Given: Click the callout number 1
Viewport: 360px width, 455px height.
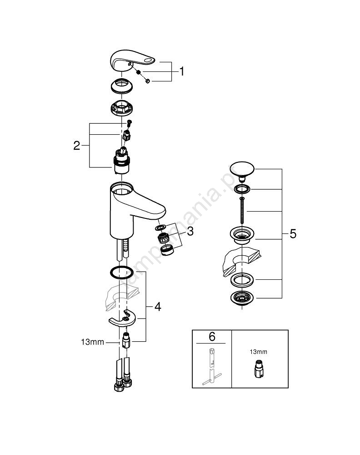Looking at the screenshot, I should (x=182, y=71).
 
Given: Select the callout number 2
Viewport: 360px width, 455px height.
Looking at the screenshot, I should (x=77, y=146).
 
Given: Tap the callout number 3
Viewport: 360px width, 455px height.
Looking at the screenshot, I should (x=190, y=231).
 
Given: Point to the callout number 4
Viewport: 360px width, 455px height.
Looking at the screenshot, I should (x=157, y=307).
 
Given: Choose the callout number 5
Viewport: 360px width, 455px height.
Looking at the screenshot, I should (x=293, y=234).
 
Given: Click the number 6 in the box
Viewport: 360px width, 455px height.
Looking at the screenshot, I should (x=212, y=337).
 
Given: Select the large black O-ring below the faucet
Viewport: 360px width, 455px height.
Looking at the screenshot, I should (x=122, y=272).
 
